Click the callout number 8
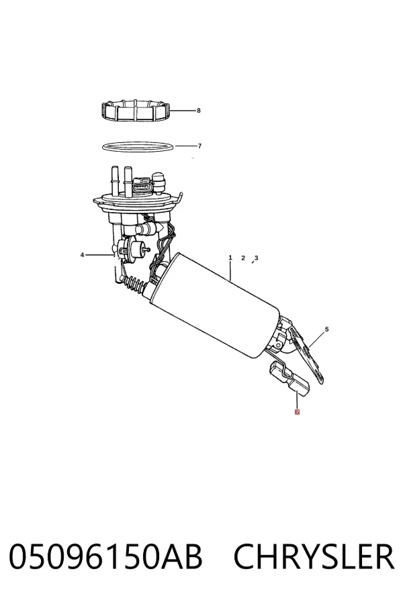[199, 111]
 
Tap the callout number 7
[199, 146]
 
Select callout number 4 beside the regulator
[82, 254]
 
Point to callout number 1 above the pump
[230, 257]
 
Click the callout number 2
[243, 258]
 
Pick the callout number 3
[256, 258]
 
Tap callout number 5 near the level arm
[326, 330]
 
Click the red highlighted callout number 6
[297, 412]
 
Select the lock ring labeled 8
[136, 111]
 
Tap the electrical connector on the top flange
[142, 185]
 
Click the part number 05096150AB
[105, 556]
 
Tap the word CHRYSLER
[314, 556]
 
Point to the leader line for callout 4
[100, 254]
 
